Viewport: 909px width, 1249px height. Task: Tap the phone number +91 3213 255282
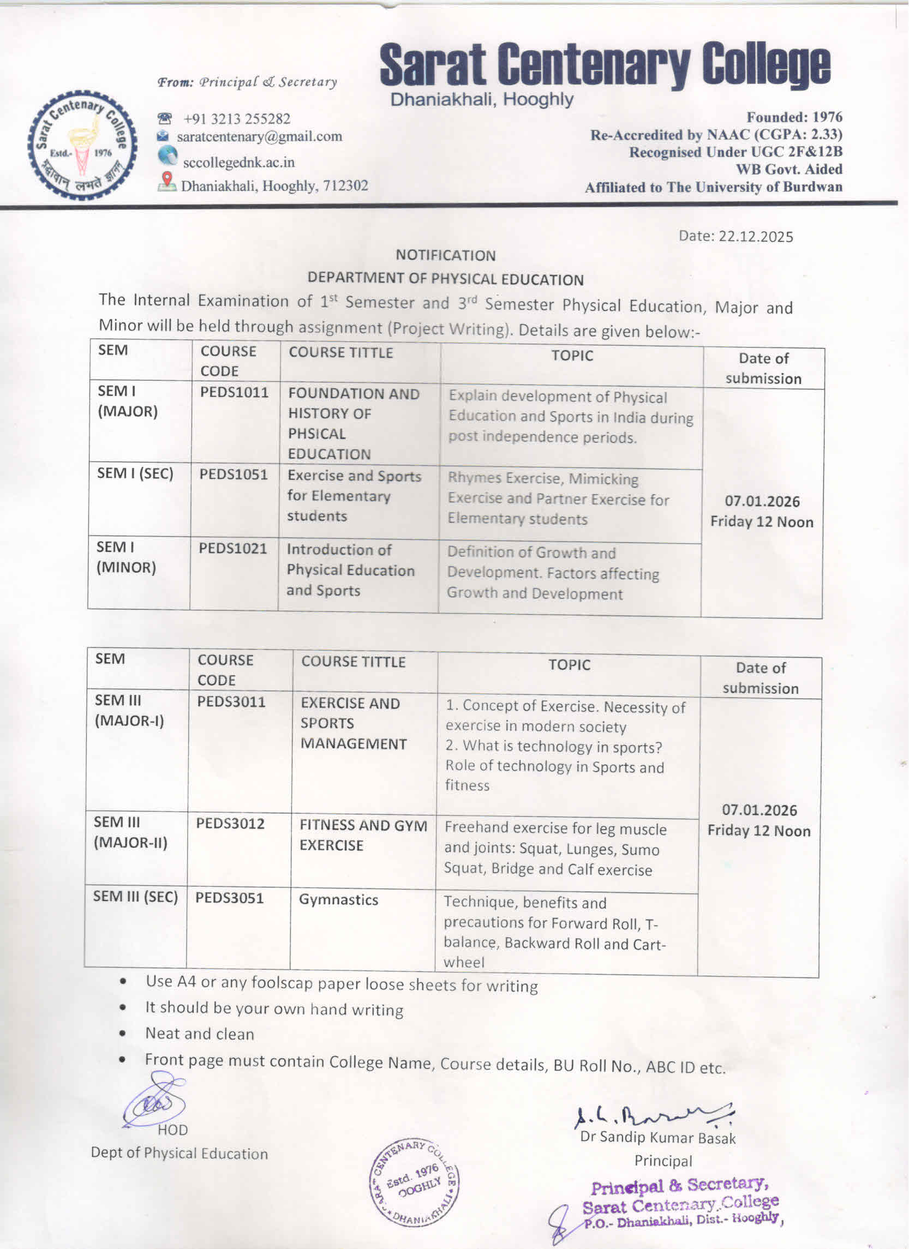coord(236,119)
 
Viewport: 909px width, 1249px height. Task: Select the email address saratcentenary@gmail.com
coord(259,136)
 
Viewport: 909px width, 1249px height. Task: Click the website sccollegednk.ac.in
coord(238,163)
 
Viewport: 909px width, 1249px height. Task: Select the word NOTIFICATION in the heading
coord(446,256)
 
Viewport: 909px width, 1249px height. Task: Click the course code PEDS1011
coord(234,393)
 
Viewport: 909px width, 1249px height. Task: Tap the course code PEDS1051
coord(234,475)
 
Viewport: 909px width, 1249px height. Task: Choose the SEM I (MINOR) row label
coord(126,557)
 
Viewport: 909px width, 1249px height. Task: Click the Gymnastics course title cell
coord(338,900)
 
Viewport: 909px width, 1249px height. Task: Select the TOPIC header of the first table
coord(572,356)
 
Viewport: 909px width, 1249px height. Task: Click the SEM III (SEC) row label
coord(135,897)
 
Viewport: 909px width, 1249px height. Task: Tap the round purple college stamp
coord(414,1182)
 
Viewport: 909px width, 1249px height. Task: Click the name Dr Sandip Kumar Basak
coord(658,1137)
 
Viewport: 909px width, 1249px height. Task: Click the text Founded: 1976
coord(794,117)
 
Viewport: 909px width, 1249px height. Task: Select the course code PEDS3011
coord(231,702)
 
